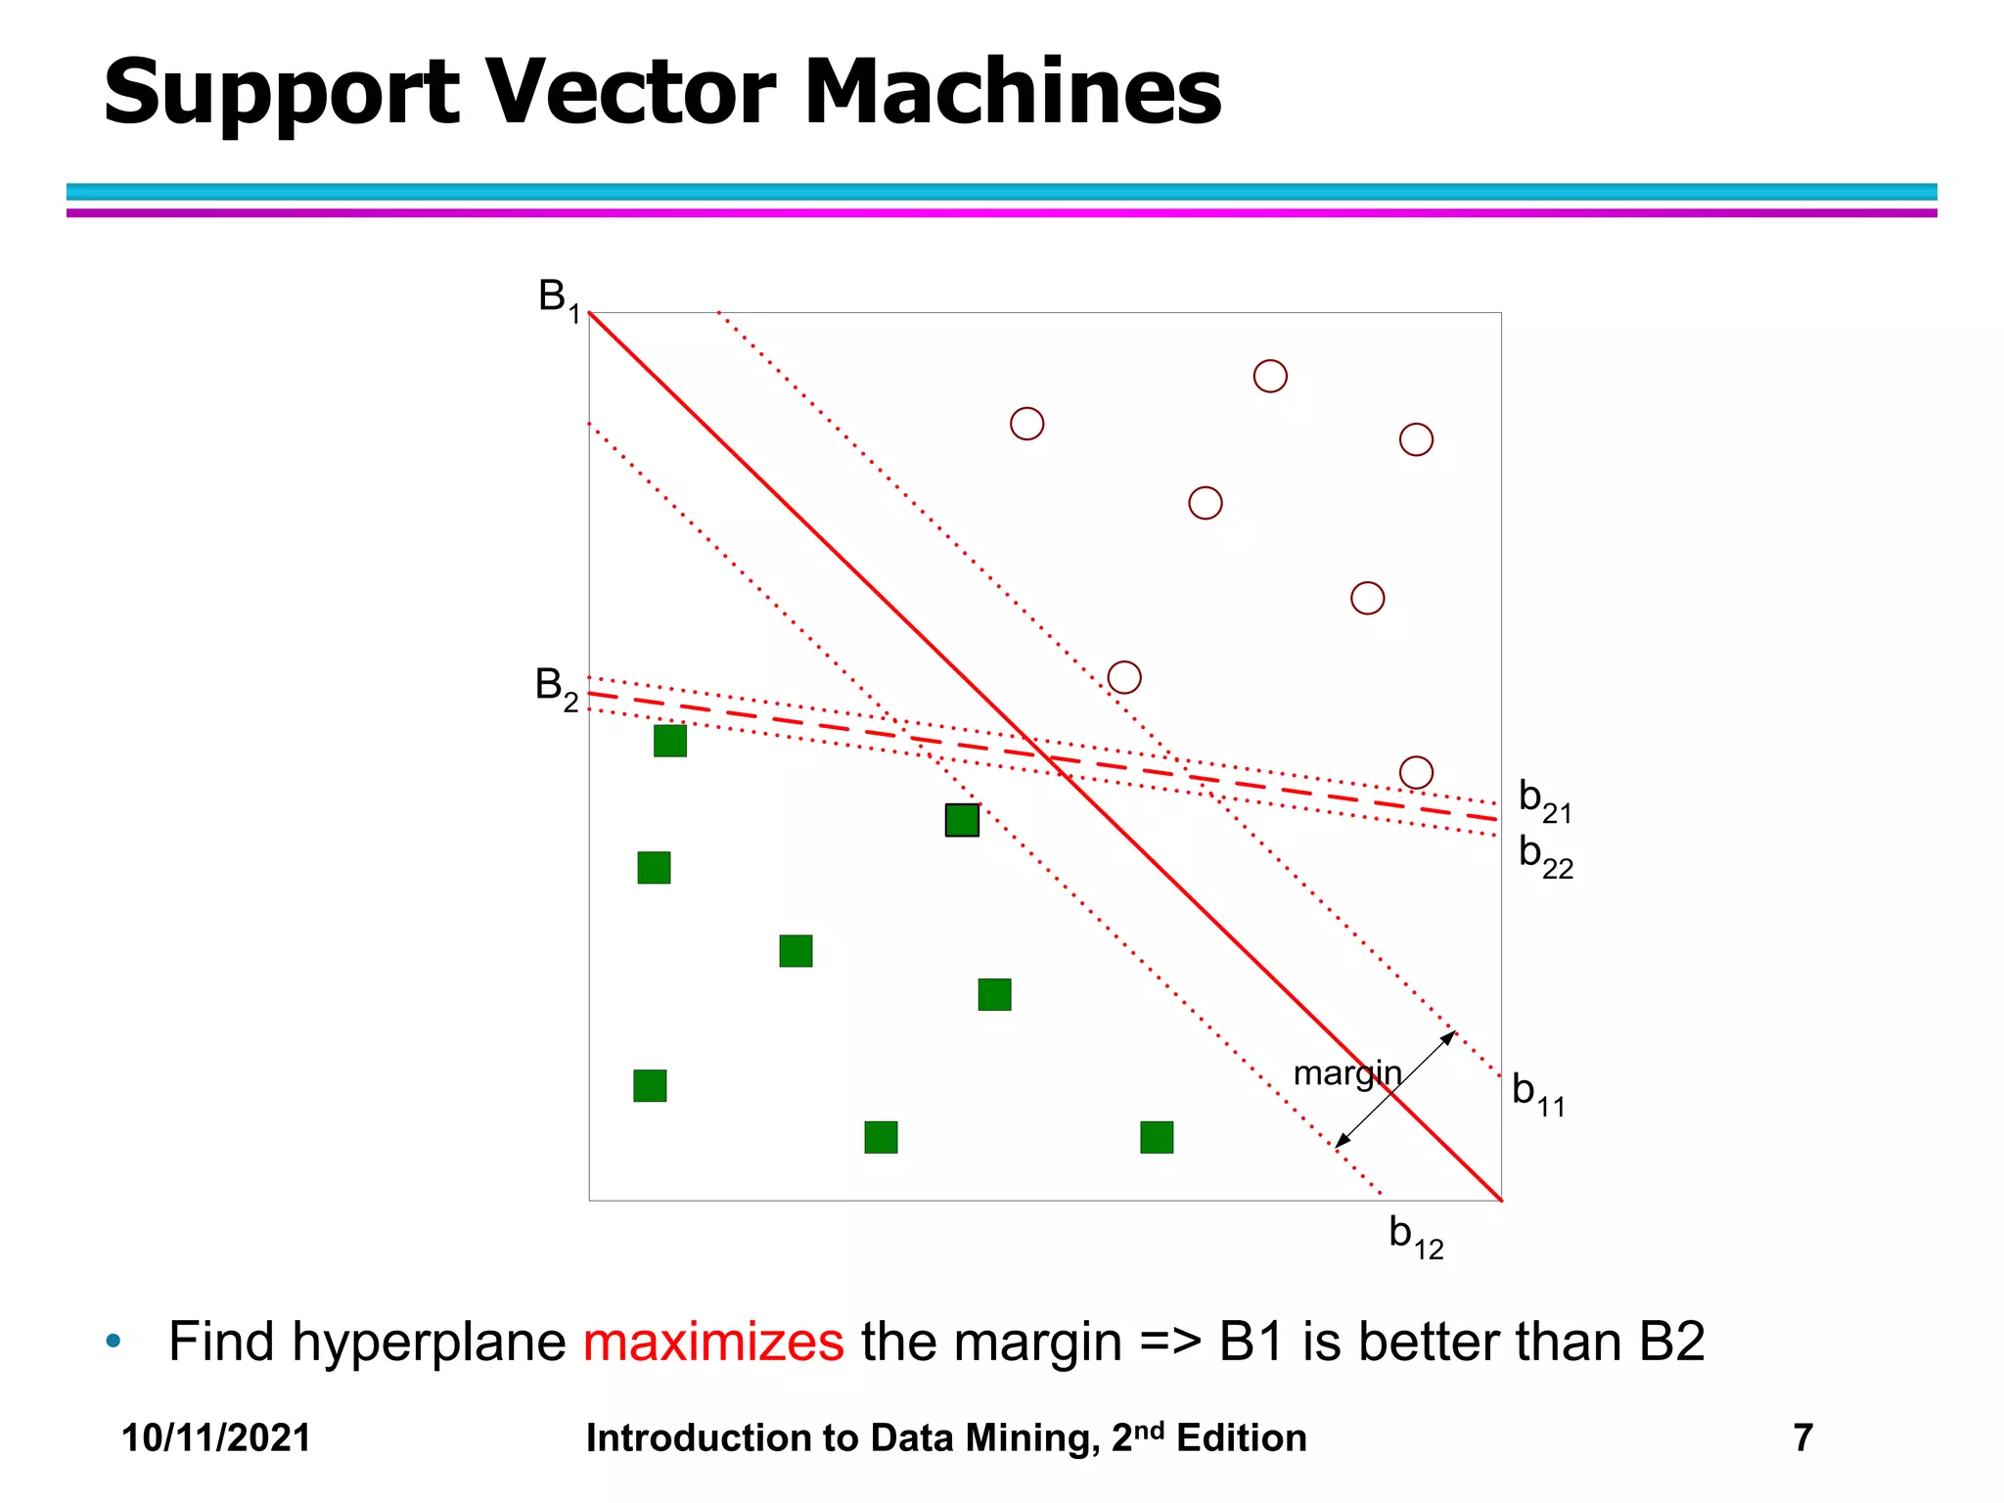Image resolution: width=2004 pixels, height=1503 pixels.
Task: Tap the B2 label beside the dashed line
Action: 557,687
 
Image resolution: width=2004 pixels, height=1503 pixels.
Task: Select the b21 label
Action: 1544,800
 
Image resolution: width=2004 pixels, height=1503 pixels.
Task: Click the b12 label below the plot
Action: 1415,1236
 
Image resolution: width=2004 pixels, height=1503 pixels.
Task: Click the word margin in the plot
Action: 1346,1074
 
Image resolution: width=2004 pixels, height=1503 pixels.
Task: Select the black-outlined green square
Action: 962,820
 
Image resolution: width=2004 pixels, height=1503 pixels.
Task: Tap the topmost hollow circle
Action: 1270,376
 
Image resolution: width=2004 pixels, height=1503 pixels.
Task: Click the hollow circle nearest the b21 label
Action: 1416,773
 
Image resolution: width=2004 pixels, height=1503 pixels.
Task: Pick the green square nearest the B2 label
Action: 670,741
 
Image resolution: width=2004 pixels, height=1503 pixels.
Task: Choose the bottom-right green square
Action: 1157,1137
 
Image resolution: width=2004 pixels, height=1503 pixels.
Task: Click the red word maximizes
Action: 713,1342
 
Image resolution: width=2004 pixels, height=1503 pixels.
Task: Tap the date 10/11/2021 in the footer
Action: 216,1438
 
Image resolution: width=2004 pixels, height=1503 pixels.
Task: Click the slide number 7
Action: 1802,1438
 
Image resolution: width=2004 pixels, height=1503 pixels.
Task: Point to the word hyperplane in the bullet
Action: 429,1342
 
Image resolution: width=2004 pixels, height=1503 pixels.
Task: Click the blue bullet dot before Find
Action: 114,1341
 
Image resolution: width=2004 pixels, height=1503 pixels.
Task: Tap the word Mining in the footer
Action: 1030,1438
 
